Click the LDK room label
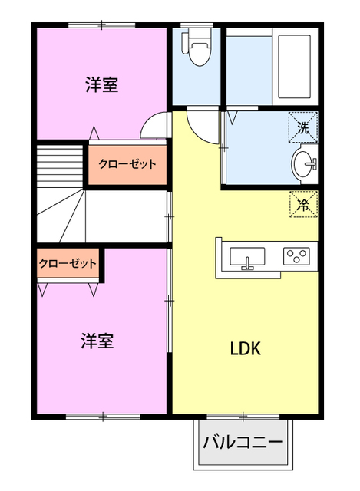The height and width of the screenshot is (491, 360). click(246, 348)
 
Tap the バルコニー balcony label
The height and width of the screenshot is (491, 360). click(243, 443)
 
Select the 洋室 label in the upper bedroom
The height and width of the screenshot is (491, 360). click(101, 84)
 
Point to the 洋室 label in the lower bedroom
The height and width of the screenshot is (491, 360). click(97, 341)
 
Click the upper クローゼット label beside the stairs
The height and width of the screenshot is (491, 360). click(127, 163)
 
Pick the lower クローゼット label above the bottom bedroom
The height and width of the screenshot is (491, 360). click(68, 263)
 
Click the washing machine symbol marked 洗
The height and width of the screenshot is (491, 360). click(303, 127)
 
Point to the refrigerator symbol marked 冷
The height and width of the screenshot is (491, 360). click(303, 204)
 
